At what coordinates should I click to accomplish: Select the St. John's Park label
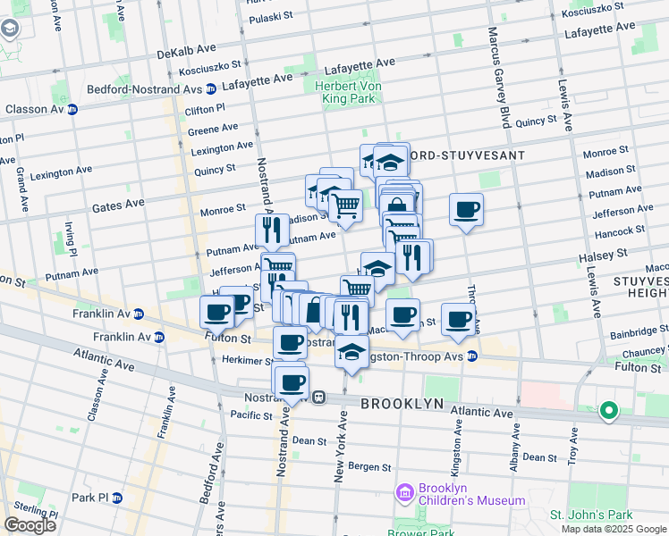tap(590, 515)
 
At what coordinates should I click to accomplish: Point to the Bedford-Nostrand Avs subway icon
tap(210, 88)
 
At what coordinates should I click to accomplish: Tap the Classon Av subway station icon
tap(72, 109)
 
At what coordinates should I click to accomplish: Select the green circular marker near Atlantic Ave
tap(609, 411)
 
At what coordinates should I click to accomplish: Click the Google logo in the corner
tap(30, 525)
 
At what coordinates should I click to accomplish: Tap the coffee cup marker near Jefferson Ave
tap(466, 211)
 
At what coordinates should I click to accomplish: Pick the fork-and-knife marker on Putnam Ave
tap(272, 230)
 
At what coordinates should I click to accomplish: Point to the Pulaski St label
tap(272, 18)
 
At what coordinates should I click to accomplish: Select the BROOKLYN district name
tap(402, 404)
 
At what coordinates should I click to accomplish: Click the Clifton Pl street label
tap(206, 109)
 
